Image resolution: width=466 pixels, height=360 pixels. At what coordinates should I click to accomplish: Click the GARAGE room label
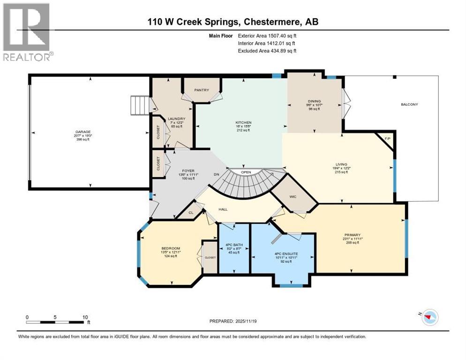84,132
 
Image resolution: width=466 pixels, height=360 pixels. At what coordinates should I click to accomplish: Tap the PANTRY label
202,90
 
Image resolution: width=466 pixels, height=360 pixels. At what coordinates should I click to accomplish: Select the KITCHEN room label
243,123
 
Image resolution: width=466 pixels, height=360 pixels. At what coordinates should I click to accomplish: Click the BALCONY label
409,104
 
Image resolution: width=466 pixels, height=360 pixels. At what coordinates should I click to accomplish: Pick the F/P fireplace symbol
387,139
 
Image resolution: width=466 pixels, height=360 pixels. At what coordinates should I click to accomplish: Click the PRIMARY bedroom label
352,235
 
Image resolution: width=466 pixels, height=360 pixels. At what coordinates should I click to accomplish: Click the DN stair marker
217,174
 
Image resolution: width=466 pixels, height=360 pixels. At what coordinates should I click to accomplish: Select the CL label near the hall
191,212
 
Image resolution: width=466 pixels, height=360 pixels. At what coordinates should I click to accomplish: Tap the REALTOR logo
27,32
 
